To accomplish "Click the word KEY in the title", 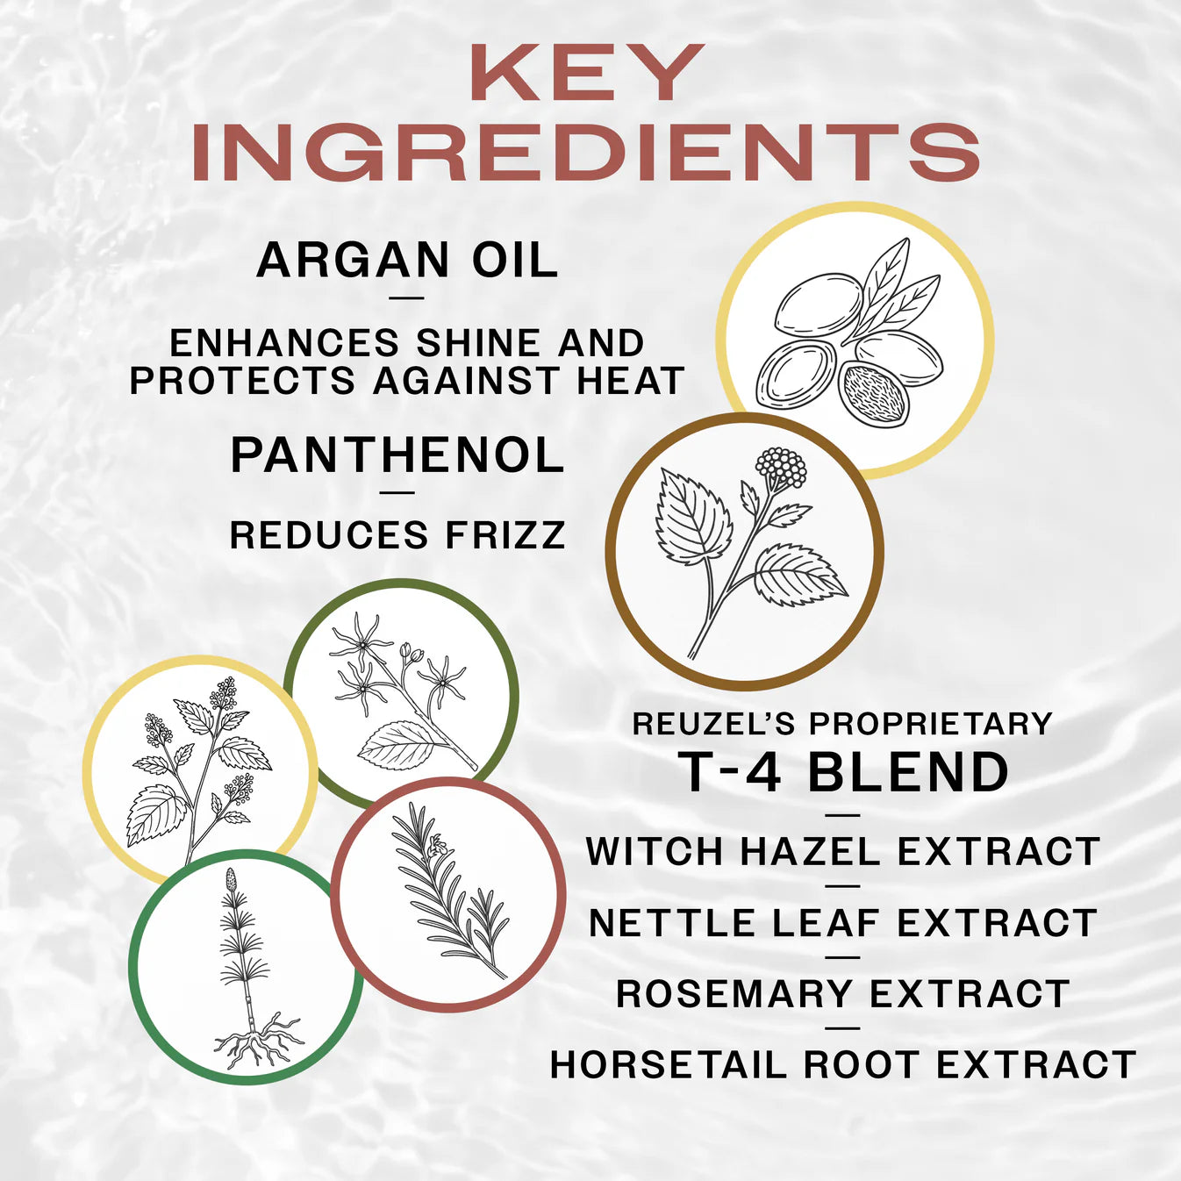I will point(587,74).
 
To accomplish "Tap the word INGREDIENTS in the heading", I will point(585,154).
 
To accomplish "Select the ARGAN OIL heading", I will point(407,261).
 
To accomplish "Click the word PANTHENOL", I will point(397,455).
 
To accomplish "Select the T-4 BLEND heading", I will point(843,773).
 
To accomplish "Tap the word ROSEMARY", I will point(734,994).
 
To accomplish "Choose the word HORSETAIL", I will point(669,1065).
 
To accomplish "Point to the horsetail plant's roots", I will point(257,1043).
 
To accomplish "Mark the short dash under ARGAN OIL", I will point(405,298).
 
